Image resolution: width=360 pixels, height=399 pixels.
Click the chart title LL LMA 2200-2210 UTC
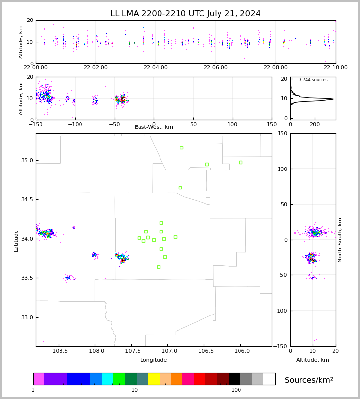185,14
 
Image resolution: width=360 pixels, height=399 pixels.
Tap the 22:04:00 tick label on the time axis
156,68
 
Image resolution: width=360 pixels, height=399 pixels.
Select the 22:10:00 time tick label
335,68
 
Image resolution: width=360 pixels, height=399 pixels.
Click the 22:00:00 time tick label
36,68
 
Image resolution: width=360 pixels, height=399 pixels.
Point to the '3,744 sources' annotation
313,80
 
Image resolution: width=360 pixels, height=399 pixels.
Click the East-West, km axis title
154,127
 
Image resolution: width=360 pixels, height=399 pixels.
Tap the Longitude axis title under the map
154,360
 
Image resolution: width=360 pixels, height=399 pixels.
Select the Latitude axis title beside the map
16,240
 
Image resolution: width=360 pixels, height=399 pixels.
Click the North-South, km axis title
340,240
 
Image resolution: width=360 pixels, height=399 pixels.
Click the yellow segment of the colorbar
154,379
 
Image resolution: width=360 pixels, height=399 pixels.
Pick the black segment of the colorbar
234,379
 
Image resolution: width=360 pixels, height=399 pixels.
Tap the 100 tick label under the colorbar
236,390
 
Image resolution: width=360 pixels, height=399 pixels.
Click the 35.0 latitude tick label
27,161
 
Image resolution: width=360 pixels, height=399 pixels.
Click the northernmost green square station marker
181,147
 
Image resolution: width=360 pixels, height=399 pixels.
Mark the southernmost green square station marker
159,267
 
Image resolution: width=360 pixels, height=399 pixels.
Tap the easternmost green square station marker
240,162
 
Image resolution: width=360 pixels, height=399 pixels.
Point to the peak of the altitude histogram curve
333,99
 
